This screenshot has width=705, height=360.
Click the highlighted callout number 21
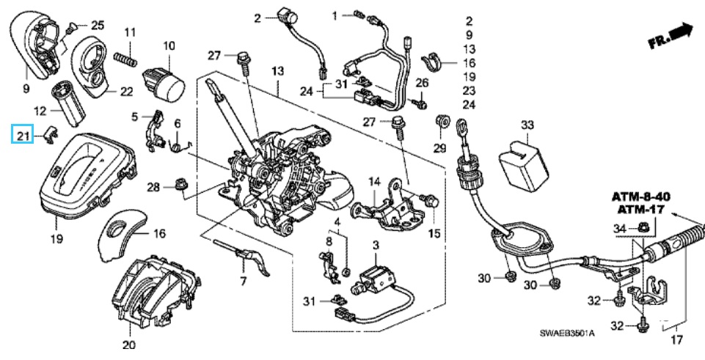click(23, 135)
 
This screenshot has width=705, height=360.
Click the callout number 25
click(98, 26)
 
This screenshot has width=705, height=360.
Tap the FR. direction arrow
click(671, 36)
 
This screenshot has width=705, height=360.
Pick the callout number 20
click(129, 345)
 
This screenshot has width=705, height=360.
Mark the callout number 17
click(676, 339)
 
